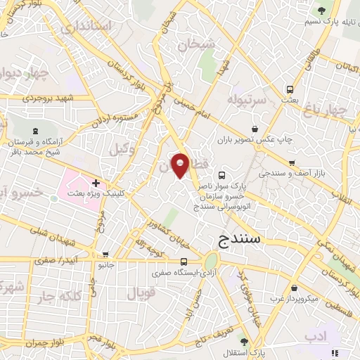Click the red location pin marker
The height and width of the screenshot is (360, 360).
(x=181, y=165)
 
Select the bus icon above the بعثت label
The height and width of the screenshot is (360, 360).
(x=290, y=90)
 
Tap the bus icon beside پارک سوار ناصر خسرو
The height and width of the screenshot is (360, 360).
(x=222, y=175)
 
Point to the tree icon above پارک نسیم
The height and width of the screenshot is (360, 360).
(x=321, y=11)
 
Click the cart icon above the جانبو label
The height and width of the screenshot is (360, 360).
(x=105, y=255)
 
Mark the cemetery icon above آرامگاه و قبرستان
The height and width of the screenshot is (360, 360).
(x=36, y=130)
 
